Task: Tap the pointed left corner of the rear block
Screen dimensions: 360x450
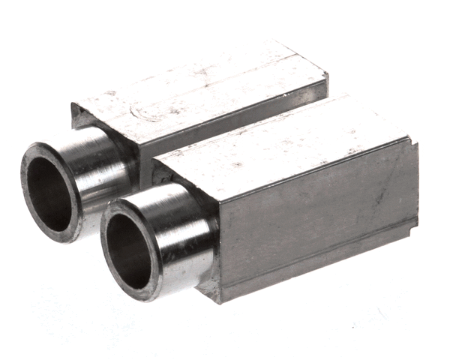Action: pyautogui.click(x=74, y=107)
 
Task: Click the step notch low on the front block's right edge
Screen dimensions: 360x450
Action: pyautogui.click(x=415, y=223)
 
